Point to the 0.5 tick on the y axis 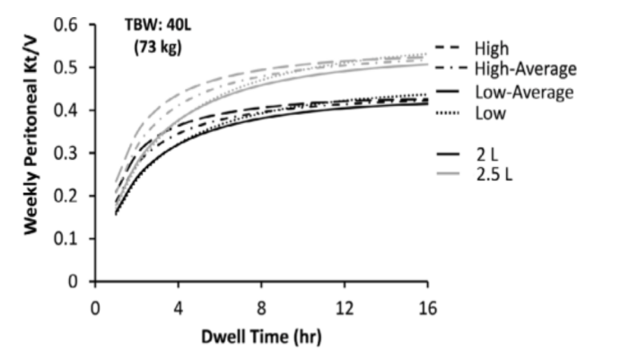(x=66, y=67)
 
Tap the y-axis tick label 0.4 (x=66, y=110)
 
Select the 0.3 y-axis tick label (x=66, y=154)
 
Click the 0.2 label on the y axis (x=66, y=196)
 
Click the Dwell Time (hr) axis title (x=260, y=338)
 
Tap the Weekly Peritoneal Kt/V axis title (x=32, y=153)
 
